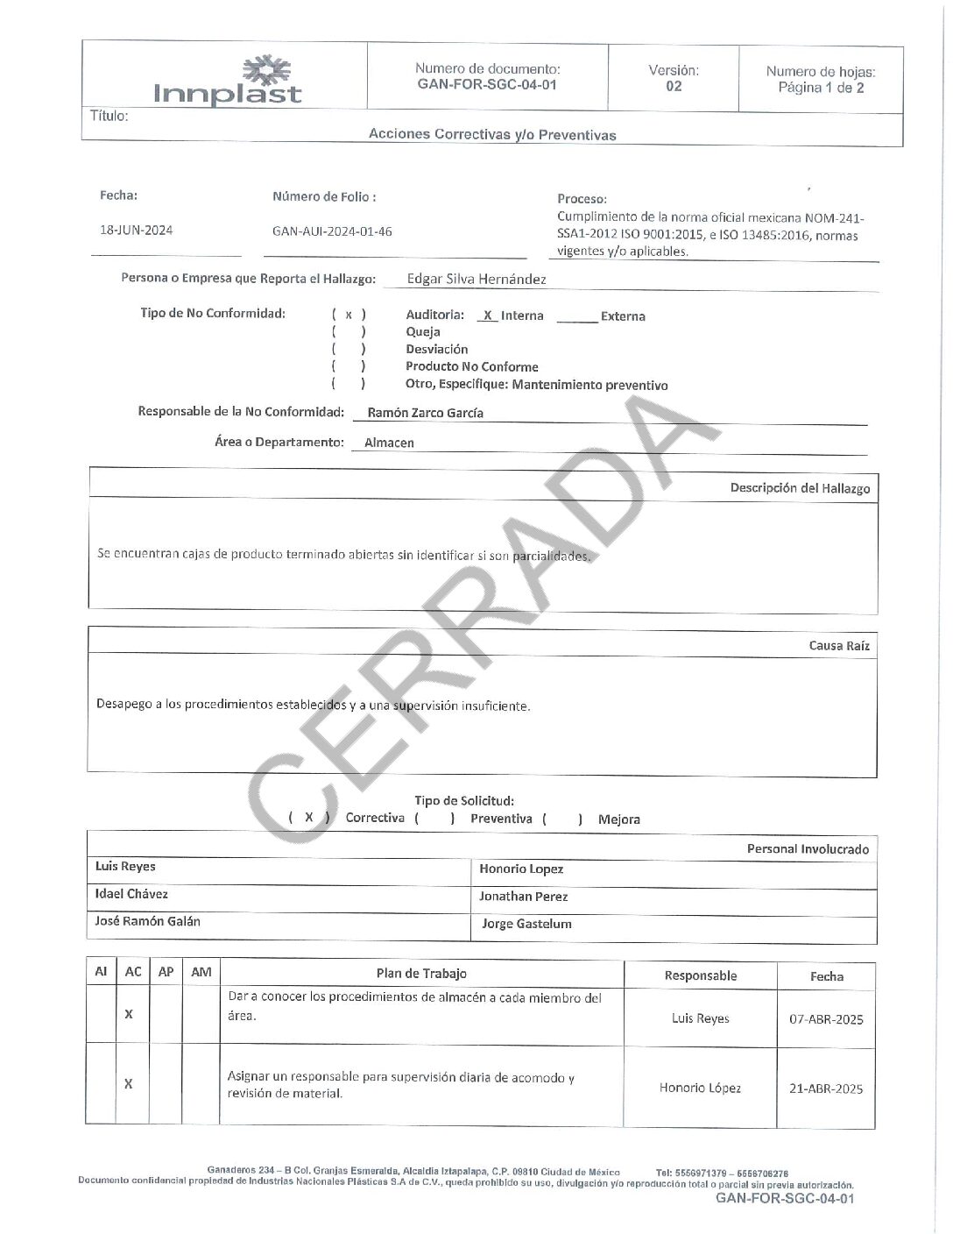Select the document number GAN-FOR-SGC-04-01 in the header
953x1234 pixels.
(x=487, y=85)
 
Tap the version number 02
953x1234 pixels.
(x=674, y=86)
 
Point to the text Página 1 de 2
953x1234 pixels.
(x=821, y=88)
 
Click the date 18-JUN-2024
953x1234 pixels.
(x=136, y=230)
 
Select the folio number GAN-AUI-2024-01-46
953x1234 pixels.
(x=332, y=231)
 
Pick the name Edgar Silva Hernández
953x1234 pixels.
(x=476, y=280)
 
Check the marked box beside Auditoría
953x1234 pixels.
(x=349, y=315)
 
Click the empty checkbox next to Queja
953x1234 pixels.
(x=349, y=332)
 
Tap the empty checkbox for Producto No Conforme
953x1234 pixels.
(x=349, y=366)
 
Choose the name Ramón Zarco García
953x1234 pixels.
(x=425, y=413)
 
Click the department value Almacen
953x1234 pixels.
(x=389, y=443)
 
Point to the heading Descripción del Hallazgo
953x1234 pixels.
(x=800, y=488)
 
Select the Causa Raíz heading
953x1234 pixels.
(x=839, y=646)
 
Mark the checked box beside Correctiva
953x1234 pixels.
(x=309, y=818)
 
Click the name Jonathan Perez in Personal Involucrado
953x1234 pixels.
(x=523, y=897)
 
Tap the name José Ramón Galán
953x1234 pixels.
(x=147, y=921)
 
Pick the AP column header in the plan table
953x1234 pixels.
(x=166, y=972)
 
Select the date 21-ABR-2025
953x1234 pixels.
(x=826, y=1089)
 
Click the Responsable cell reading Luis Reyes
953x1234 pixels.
(x=700, y=1018)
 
